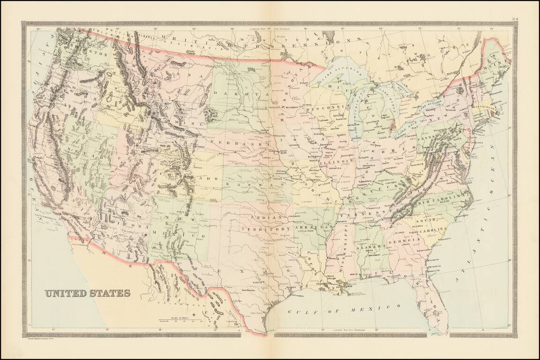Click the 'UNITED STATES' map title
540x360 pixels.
tap(88, 293)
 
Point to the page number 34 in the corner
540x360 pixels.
tap(515, 19)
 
